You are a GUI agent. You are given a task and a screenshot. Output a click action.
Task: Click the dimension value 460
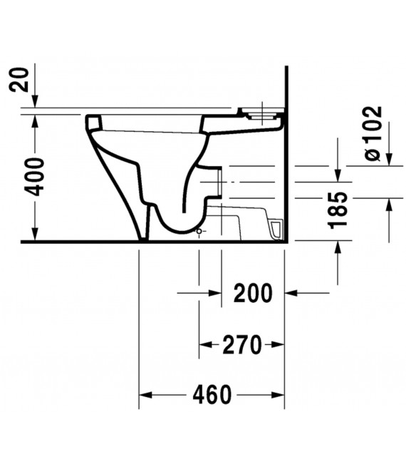(212, 394)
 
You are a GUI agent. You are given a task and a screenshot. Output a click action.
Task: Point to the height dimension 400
(34, 177)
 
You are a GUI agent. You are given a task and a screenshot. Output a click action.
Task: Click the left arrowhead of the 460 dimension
(145, 394)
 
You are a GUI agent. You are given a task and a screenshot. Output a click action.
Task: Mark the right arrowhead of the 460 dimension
(279, 394)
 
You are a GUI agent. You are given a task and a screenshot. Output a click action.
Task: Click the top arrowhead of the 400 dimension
(34, 119)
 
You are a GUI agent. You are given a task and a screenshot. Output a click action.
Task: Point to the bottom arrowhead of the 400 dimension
(34, 235)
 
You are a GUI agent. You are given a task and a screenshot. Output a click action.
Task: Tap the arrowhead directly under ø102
(389, 160)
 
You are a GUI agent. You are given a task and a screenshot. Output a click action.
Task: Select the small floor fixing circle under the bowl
(198, 232)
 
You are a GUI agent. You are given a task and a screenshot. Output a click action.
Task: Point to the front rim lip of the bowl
(92, 121)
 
